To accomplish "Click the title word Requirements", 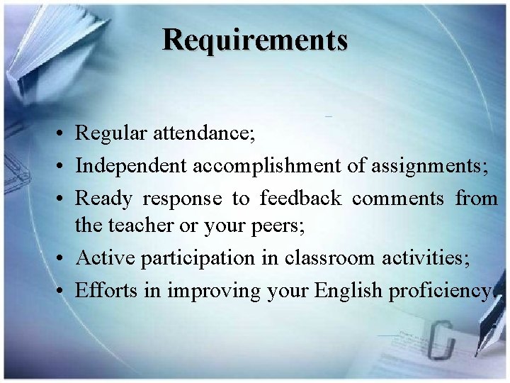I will (x=255, y=40).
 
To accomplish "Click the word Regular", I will (x=108, y=133).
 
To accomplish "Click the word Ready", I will (x=103, y=199).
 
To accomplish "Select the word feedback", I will (x=300, y=198).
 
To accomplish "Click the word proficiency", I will (x=439, y=291).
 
